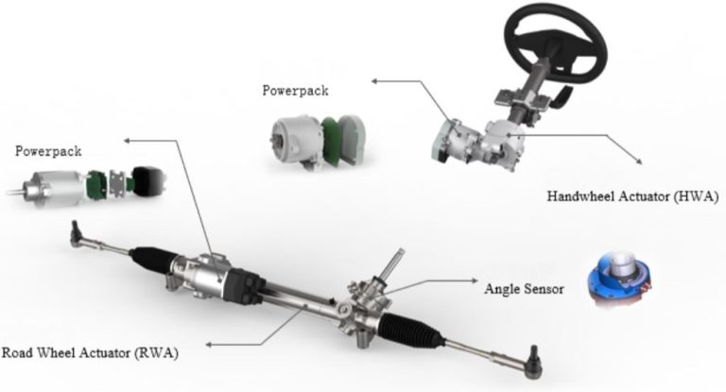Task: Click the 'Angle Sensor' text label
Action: click(524, 289)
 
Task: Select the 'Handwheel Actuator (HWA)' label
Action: click(632, 196)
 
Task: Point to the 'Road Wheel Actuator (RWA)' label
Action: click(90, 352)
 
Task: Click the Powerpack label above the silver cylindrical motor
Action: click(48, 151)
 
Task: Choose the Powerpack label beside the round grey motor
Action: click(295, 91)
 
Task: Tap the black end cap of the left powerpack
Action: click(149, 179)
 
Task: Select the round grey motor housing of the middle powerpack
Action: click(296, 140)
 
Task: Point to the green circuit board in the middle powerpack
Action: click(332, 140)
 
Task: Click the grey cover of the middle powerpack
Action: click(352, 139)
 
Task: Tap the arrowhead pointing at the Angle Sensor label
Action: click(475, 281)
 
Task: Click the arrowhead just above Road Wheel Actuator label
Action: click(209, 345)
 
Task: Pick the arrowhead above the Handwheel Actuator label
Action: click(639, 161)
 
